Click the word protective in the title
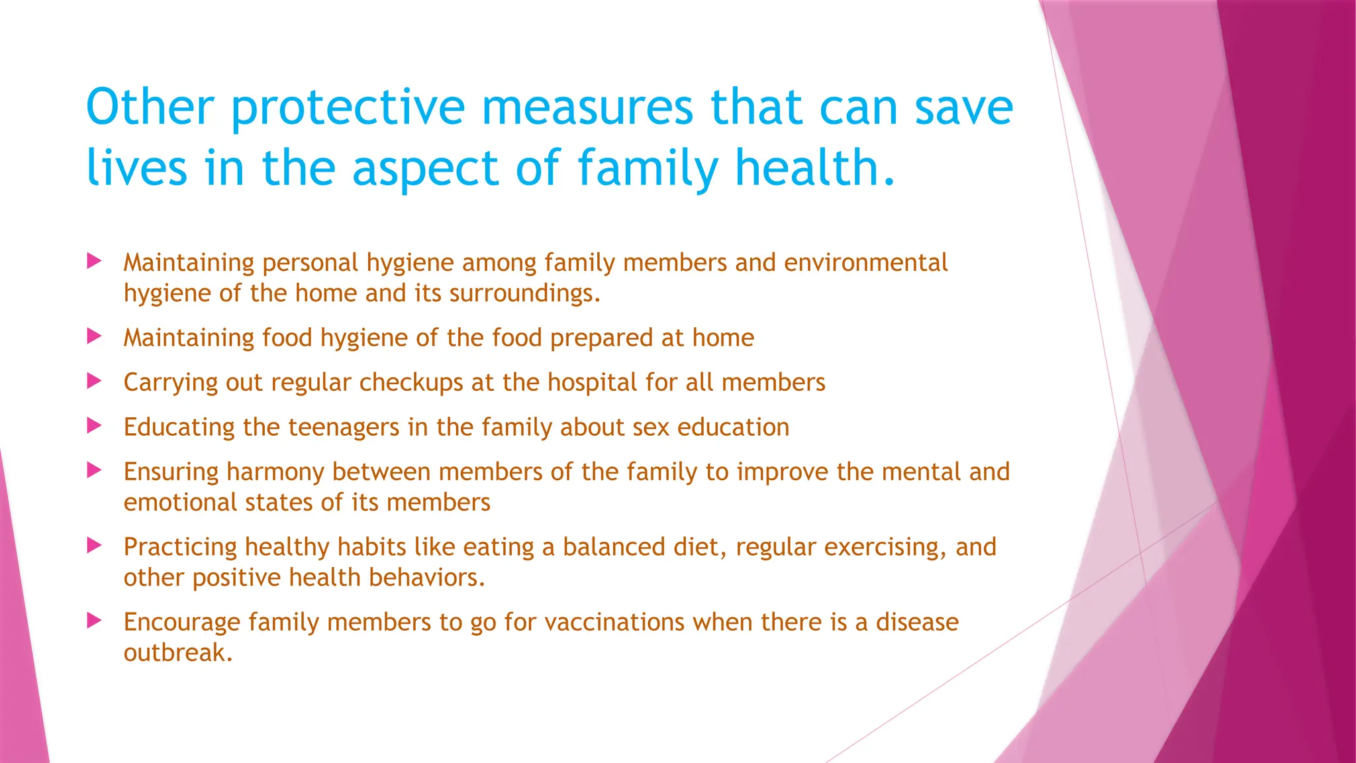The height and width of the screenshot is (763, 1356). tap(348, 108)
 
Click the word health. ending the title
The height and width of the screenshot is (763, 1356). tap(816, 167)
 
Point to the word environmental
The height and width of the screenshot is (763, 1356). tap(865, 263)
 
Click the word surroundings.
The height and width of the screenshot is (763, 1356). tap(525, 293)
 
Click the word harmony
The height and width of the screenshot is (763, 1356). tap(275, 472)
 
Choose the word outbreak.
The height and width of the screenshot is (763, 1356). tap(178, 653)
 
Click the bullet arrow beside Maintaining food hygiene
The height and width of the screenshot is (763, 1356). tap(95, 337)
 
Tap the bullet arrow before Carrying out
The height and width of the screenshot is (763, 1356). tap(95, 381)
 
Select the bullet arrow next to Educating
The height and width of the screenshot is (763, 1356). tap(95, 426)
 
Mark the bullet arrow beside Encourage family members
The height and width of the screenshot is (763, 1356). tap(95, 621)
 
